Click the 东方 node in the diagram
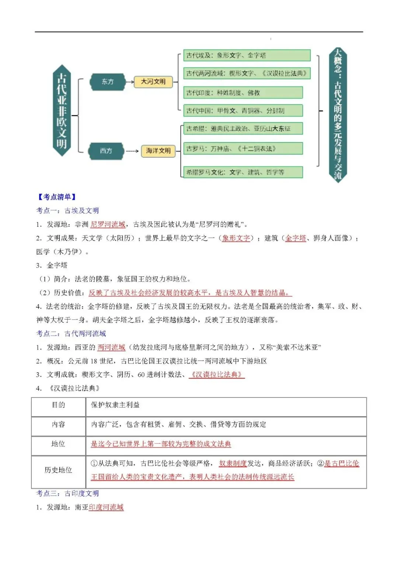tap(107, 82)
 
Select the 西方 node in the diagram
tap(106, 151)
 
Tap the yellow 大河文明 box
tap(153, 81)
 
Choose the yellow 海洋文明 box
tap(158, 151)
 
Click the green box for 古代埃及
tap(247, 56)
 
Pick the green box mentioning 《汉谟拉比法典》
tap(247, 73)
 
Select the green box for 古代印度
tap(243, 93)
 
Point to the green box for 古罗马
tap(243, 149)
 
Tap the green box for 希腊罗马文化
tap(243, 172)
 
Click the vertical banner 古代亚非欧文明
tap(62, 111)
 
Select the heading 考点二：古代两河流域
tap(71, 334)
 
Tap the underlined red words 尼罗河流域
tap(108, 225)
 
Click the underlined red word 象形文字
tap(236, 238)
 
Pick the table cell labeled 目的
tap(58, 405)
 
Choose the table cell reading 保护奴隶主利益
tap(115, 405)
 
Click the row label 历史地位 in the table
tap(58, 470)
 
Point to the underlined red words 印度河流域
tap(106, 507)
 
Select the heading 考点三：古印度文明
tap(67, 494)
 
